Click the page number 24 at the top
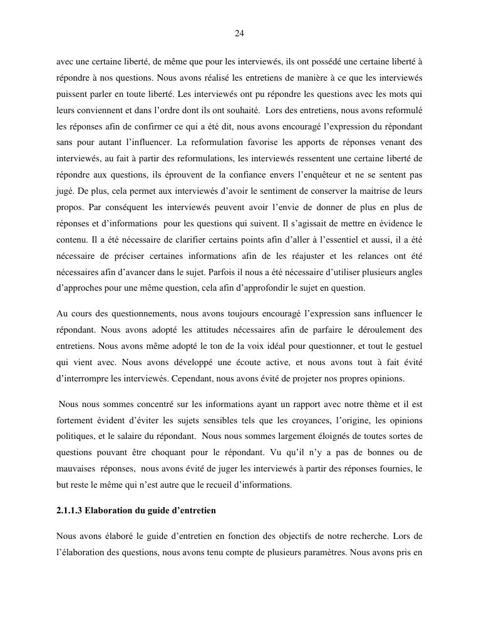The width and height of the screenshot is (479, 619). coord(239,33)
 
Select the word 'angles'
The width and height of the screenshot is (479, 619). coord(411,272)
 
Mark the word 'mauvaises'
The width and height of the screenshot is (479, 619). coord(75,468)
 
